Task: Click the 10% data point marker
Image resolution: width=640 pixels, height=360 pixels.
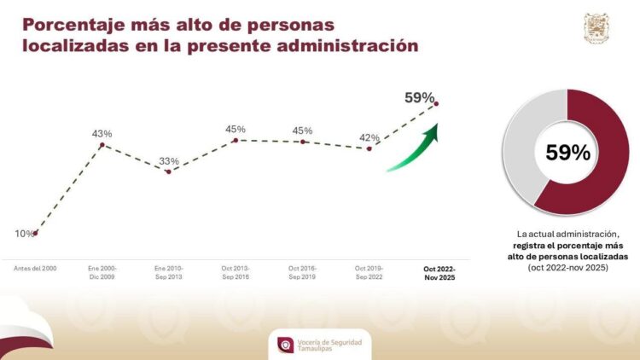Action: [x=35, y=233]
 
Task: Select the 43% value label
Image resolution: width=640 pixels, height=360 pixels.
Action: [x=102, y=134]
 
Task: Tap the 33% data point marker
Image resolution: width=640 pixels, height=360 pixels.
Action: [x=168, y=171]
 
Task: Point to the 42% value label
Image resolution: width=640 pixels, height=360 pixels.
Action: [x=369, y=136]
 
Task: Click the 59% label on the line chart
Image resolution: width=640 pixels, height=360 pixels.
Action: [x=420, y=97]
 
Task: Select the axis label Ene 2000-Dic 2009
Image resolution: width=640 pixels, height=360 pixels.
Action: [x=102, y=273]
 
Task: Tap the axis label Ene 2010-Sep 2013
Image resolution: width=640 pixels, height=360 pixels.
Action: [x=169, y=273]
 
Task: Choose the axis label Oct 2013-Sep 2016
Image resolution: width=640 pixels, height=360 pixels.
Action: [x=236, y=273]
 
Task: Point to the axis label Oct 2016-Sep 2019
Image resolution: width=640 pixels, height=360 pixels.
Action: [x=303, y=273]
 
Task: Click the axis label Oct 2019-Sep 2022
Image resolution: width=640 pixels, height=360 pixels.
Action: [x=369, y=273]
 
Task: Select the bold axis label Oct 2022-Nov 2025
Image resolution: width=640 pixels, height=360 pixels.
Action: [x=439, y=273]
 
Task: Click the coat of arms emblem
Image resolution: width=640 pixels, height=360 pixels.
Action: [x=596, y=29]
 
